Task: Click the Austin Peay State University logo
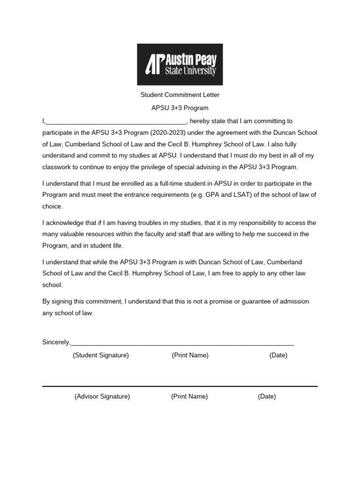[x=180, y=64]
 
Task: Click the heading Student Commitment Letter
[x=180, y=95]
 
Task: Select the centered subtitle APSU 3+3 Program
[x=180, y=108]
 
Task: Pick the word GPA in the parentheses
[x=213, y=195]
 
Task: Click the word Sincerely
[x=56, y=342]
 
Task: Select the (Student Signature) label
[x=101, y=355]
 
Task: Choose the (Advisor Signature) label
[x=102, y=397]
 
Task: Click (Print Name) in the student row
[x=190, y=355]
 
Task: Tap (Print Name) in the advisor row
[x=189, y=397]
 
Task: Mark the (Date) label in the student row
[x=278, y=355]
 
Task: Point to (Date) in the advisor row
[x=267, y=397]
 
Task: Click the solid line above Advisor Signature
[x=180, y=386]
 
